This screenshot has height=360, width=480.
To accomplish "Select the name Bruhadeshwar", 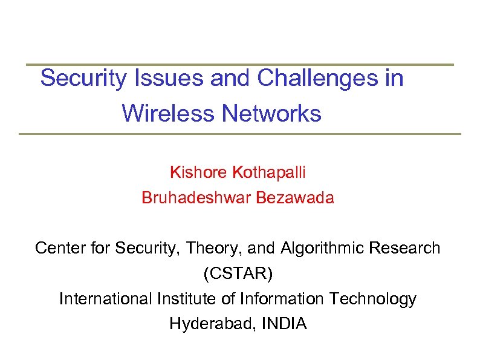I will tap(196, 198).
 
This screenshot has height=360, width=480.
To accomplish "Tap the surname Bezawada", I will tap(295, 198).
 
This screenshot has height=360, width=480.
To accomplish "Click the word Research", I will tap(406, 248).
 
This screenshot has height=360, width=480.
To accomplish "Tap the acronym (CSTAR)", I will tap(238, 273).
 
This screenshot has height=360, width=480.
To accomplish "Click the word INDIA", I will tap(285, 324).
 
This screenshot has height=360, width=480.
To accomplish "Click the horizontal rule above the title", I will tap(239, 64).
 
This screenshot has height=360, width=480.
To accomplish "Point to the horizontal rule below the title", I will tap(239, 134).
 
